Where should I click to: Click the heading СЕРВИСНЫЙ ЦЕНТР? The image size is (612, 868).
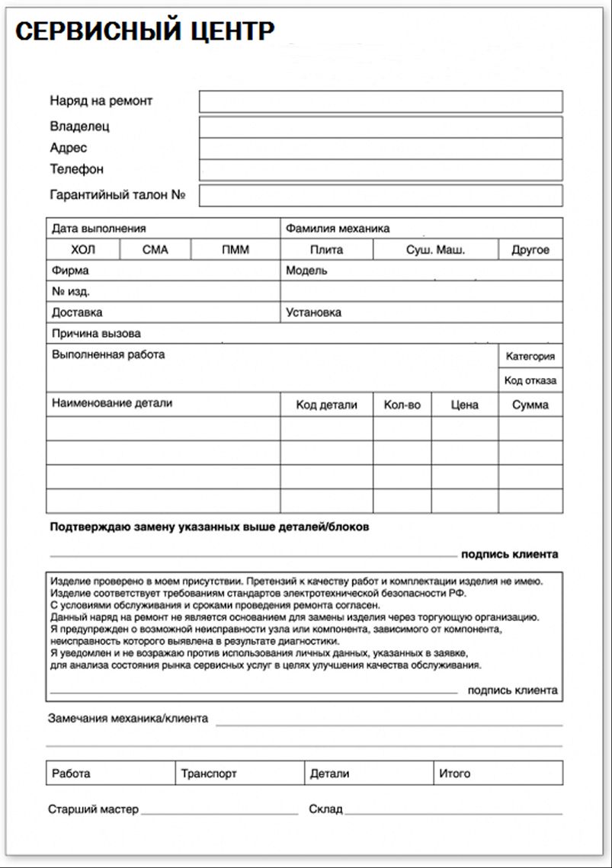pyautogui.click(x=145, y=31)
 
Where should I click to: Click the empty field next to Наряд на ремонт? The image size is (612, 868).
pyautogui.click(x=380, y=101)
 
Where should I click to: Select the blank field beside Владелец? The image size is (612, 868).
pyautogui.click(x=380, y=127)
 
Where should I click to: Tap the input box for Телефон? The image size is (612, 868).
pyautogui.click(x=380, y=169)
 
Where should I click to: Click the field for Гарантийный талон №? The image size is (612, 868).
pyautogui.click(x=380, y=196)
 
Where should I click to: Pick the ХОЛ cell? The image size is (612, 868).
pyautogui.click(x=83, y=250)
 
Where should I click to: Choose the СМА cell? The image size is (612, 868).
pyautogui.click(x=155, y=250)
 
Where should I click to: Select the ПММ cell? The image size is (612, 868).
pyautogui.click(x=236, y=250)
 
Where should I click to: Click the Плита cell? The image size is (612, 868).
pyautogui.click(x=326, y=250)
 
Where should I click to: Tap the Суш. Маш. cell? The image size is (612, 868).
pyautogui.click(x=435, y=250)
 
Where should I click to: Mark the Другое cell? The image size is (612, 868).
pyautogui.click(x=530, y=250)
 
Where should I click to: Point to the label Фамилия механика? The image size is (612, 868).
pyautogui.click(x=338, y=228)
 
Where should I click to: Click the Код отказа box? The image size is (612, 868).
pyautogui.click(x=530, y=380)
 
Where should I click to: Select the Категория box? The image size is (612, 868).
pyautogui.click(x=530, y=356)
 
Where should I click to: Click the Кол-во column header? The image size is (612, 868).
pyautogui.click(x=402, y=405)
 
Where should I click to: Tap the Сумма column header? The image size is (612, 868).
pyautogui.click(x=530, y=405)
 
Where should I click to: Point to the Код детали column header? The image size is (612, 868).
pyautogui.click(x=326, y=405)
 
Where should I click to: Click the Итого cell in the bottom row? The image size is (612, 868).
pyautogui.click(x=498, y=774)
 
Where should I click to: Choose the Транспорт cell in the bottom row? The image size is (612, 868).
pyautogui.click(x=239, y=774)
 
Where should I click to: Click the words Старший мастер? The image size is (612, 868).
pyautogui.click(x=93, y=809)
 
